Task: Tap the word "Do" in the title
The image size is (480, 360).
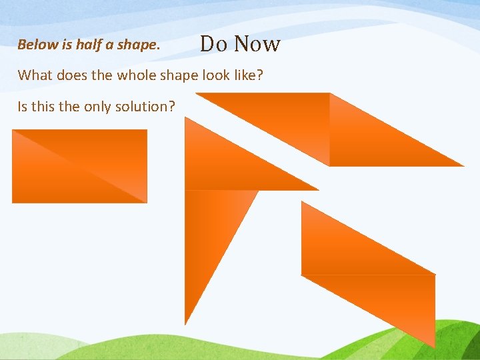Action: [214, 44]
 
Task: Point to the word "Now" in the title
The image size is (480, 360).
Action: [257, 44]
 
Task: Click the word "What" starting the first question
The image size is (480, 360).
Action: [35, 75]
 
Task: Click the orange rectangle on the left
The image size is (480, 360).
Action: [79, 166]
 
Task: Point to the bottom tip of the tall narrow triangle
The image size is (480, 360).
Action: [185, 323]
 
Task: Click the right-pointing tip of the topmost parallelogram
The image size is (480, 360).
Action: [462, 165]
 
